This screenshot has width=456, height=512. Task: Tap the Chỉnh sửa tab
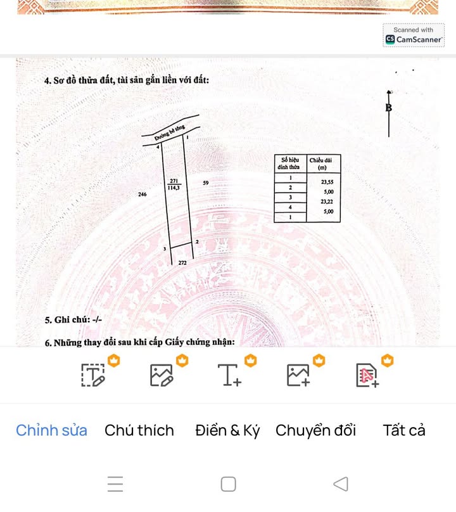point(51,430)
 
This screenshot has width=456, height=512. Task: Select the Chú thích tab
point(139,430)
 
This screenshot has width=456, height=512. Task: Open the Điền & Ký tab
point(227,430)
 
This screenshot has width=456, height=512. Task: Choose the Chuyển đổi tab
point(315,430)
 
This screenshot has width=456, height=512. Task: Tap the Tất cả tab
point(404,430)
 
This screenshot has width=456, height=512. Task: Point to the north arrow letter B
point(389,108)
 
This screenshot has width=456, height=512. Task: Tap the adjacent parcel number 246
point(142,195)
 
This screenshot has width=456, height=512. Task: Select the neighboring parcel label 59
point(206,183)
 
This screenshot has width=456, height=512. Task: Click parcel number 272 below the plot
point(182,262)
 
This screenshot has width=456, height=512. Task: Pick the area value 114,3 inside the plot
point(174,188)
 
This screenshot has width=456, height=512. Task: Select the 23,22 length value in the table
point(327,202)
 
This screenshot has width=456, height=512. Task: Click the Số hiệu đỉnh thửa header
point(290,163)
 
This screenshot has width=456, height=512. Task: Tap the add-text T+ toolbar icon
point(230,375)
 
